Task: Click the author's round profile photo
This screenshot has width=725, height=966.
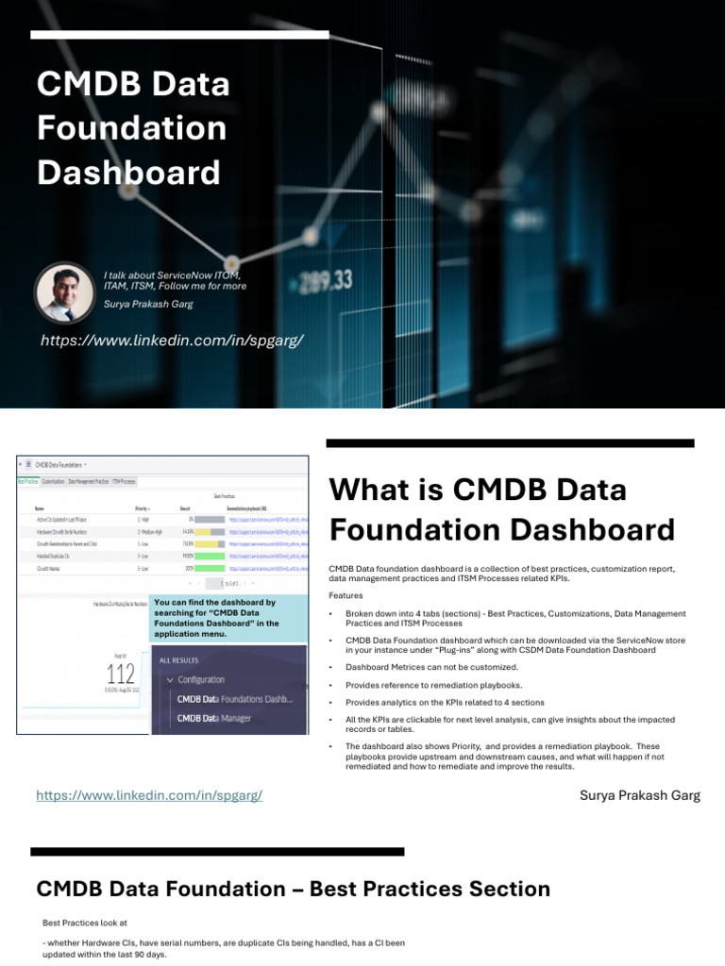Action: (x=65, y=291)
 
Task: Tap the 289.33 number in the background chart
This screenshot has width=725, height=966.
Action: (x=326, y=279)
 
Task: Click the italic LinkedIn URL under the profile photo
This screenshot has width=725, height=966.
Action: (x=172, y=340)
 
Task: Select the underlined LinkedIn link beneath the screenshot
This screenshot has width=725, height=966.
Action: (x=149, y=795)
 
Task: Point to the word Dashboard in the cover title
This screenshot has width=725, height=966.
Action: (x=128, y=173)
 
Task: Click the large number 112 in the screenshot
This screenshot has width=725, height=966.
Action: (x=121, y=674)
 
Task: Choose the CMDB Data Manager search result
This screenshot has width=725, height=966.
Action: (x=214, y=718)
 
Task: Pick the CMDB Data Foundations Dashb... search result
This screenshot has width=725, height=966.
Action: (x=235, y=699)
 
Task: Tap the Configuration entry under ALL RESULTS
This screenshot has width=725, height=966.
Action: (x=200, y=679)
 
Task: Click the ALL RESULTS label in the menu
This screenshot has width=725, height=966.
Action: (x=184, y=659)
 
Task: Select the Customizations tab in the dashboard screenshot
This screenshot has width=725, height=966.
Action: (x=53, y=481)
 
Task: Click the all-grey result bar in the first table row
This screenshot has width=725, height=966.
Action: (x=210, y=519)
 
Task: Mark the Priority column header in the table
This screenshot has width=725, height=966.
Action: (x=142, y=508)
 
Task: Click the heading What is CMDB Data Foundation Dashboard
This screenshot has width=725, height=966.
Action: (x=501, y=509)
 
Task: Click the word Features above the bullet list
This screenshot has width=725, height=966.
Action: (x=346, y=595)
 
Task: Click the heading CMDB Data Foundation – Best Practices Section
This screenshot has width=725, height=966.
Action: (x=293, y=889)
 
